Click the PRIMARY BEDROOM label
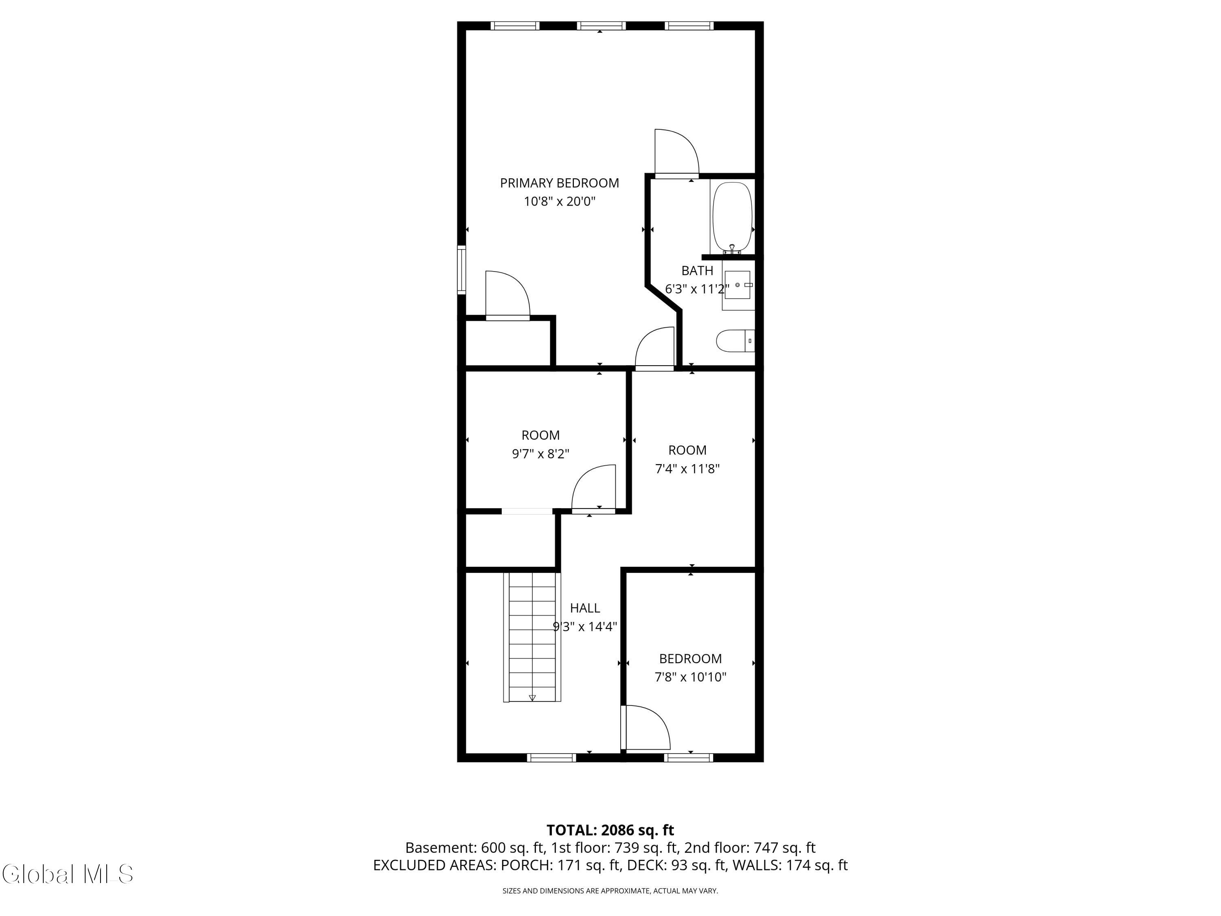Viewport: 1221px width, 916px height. (559, 183)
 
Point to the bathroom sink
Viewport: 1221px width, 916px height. (737, 284)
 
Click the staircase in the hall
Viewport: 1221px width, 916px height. (532, 637)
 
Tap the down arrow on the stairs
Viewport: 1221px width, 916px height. (532, 698)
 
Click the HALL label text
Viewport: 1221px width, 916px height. (584, 608)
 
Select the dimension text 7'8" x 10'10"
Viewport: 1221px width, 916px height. (691, 677)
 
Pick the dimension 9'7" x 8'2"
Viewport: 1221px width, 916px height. (540, 454)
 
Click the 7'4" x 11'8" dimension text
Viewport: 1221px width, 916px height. (687, 469)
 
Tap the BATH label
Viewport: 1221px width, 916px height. (697, 271)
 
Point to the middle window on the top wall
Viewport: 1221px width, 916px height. (601, 25)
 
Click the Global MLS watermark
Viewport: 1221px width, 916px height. (67, 874)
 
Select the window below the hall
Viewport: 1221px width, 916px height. (551, 758)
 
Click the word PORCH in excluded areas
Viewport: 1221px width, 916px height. (524, 865)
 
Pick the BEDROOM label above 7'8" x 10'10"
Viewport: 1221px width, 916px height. (691, 659)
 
